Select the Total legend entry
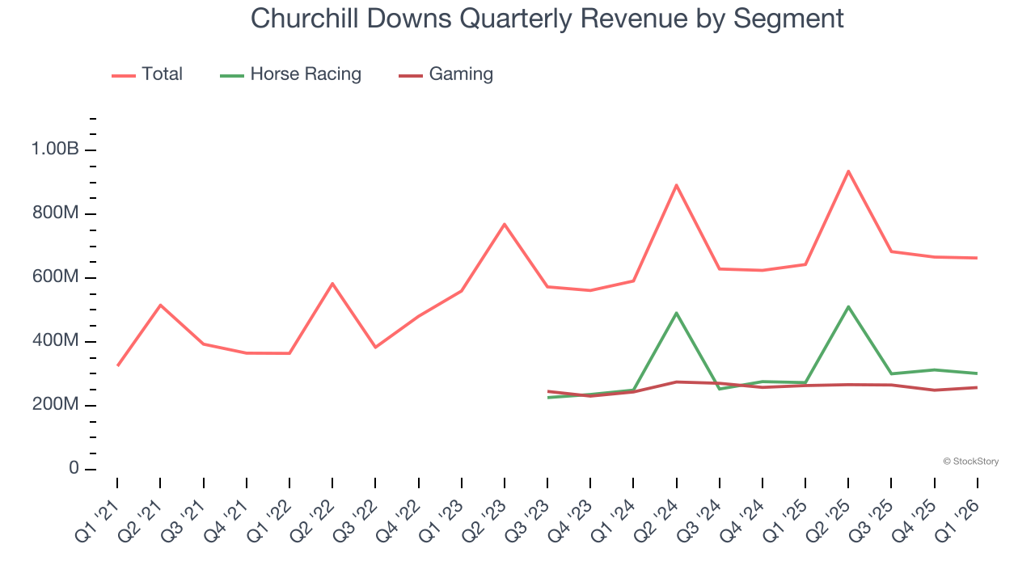[162, 74]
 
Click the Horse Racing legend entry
[305, 74]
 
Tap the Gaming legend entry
[460, 74]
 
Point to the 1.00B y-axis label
[55, 150]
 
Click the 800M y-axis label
[55, 213]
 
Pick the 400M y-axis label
[55, 341]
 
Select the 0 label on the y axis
[74, 469]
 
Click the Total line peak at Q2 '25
[848, 171]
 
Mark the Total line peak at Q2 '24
[676, 185]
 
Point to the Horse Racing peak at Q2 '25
[848, 306]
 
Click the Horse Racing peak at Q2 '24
[676, 313]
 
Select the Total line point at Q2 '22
[332, 284]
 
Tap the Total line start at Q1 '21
[118, 365]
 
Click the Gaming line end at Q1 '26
[977, 387]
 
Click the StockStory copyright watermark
[970, 462]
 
